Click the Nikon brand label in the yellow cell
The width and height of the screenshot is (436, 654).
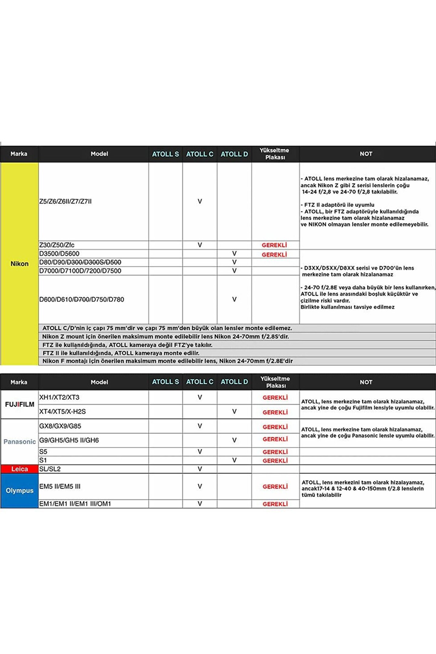point(19,264)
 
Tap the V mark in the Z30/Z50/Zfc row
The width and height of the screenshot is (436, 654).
point(200,245)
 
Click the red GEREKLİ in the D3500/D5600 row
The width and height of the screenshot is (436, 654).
point(274,255)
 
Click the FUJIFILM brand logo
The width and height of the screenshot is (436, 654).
point(19,405)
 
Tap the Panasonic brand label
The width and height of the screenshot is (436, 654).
point(19,441)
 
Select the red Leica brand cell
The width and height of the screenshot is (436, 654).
point(19,469)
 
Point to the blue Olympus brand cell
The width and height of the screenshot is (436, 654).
point(19,490)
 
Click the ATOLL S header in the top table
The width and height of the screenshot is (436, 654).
point(165,154)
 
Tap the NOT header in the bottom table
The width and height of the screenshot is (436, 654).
point(366,382)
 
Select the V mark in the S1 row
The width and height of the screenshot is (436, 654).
point(234,460)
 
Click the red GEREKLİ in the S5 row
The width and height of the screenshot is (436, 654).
point(275,452)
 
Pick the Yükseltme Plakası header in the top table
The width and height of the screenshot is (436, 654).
point(275,154)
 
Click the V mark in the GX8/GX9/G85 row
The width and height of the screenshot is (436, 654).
point(200,426)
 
